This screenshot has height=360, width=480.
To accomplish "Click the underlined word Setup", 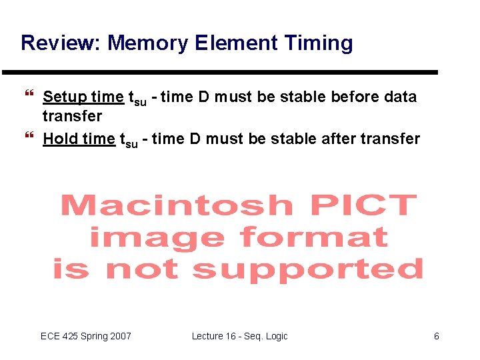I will (65, 97).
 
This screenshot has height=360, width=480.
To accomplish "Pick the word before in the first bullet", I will (357, 97).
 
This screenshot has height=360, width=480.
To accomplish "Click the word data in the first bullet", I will (401, 97).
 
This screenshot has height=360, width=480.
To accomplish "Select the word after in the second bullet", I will (339, 139).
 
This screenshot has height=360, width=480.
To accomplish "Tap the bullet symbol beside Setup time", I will (29, 97).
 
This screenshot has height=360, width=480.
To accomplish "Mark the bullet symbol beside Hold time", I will (29, 138).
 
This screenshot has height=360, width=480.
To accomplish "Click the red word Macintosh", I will (177, 205).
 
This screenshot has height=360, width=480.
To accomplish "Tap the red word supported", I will (307, 270).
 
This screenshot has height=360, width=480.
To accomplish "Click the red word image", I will (157, 237).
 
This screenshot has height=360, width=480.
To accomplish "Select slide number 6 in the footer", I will (437, 336).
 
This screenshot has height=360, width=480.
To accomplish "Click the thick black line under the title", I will (220, 72).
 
